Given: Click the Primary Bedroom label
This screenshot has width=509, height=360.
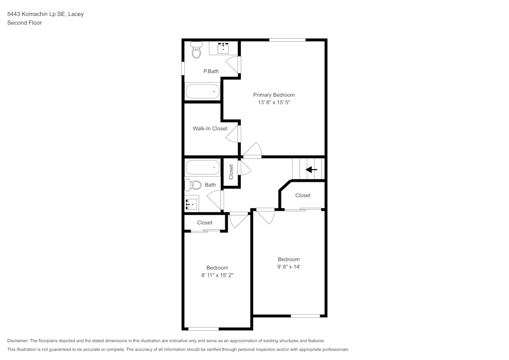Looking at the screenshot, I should (x=274, y=95).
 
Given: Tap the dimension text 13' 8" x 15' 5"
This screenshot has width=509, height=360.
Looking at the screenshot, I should (x=274, y=102).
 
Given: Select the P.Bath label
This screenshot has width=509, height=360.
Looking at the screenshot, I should (x=211, y=71).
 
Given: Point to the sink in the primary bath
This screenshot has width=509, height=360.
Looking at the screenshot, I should (x=223, y=48).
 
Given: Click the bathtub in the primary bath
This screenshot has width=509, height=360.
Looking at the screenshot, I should (x=202, y=92).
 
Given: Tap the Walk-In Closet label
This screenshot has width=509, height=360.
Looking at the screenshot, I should (x=210, y=128).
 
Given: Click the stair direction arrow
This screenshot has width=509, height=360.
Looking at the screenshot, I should (x=312, y=170).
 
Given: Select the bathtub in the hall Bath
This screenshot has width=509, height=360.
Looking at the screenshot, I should (x=202, y=168).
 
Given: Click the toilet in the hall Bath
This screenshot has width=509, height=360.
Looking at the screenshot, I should (x=193, y=185).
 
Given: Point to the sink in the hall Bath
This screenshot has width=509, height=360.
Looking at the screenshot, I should (x=191, y=204).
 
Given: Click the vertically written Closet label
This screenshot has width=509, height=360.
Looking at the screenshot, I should (x=231, y=172).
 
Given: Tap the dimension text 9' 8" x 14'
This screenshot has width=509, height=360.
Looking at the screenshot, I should (x=288, y=266).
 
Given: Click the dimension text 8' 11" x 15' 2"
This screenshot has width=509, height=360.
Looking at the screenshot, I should (x=217, y=275).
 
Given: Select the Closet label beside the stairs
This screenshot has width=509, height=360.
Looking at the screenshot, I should (x=302, y=195).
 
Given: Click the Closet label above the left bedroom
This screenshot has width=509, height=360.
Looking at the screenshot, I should (x=205, y=223).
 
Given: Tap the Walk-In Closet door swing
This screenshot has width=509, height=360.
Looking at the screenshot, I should (x=234, y=133).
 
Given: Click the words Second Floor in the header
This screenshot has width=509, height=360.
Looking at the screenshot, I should (x=24, y=22).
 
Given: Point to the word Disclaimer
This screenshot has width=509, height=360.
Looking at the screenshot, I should (x=18, y=341).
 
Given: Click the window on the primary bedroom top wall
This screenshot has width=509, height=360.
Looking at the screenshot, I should (x=287, y=39).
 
